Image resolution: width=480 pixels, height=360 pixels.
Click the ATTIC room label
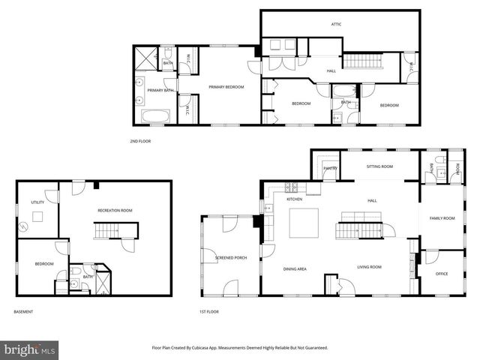tap(337, 24)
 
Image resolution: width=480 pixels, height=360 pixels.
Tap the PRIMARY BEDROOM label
tap(226, 87)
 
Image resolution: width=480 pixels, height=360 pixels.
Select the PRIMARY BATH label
tap(160, 91)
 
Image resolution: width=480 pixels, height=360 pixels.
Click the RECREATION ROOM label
tap(115, 211)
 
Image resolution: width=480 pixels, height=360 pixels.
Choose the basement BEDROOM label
tap(43, 263)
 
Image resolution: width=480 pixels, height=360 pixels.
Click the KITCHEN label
tap(294, 199)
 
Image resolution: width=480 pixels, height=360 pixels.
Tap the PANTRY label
tap(330, 169)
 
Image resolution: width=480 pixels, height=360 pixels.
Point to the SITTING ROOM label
tap(379, 166)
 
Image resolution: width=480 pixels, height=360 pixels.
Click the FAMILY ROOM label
tap(442, 218)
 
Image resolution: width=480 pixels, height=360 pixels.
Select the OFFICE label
tap(442, 274)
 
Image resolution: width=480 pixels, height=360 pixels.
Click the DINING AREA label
tap(294, 268)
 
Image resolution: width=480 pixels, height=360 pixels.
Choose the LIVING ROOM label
tap(369, 267)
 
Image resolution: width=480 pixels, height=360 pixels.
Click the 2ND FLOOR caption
tap(140, 141)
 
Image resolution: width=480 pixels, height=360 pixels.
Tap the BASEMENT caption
tap(23, 312)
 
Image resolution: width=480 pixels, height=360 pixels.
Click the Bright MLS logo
tap(29, 349)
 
